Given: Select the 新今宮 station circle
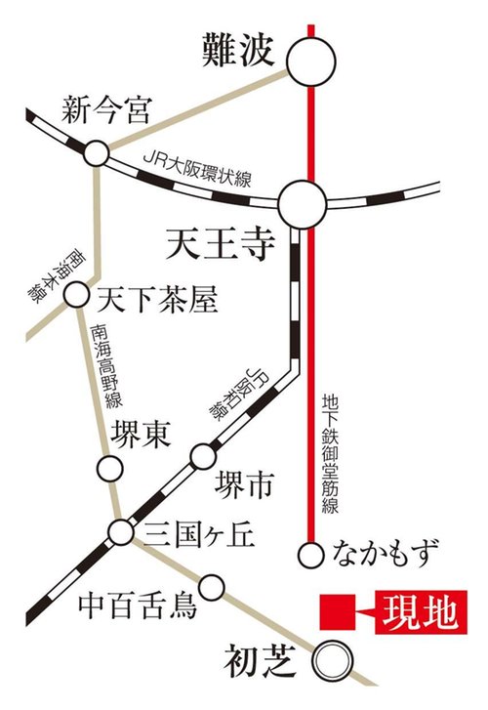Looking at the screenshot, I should pos(96,153).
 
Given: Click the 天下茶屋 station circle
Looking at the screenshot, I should pos(76,293).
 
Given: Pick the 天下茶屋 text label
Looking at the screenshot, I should pos(150,294).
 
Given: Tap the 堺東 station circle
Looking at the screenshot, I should pos(109,469).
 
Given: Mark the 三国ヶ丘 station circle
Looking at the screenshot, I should pos(121,532).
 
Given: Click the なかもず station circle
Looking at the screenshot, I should pos(310,555).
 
